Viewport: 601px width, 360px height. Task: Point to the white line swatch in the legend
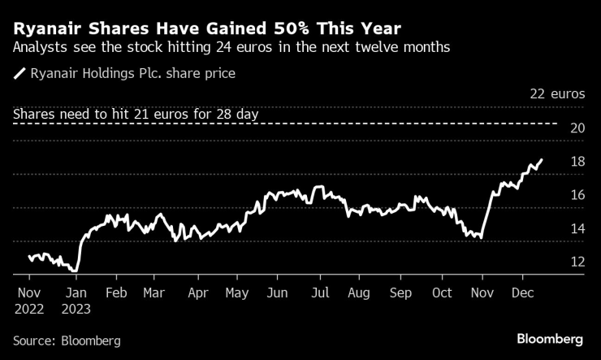coord(19,74)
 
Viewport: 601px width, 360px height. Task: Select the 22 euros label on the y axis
coord(557,94)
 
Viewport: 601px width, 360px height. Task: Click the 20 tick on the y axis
coord(577,128)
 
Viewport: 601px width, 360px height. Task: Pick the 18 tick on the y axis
coord(577,161)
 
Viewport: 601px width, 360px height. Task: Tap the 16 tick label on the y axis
coord(577,195)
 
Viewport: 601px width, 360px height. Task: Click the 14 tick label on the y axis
coord(577,228)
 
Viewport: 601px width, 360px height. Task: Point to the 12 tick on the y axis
coord(577,262)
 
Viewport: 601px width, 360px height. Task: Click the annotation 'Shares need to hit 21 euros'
coord(136,115)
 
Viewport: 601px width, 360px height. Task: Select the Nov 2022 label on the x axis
coord(29,299)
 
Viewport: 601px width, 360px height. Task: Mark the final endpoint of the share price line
coord(542,160)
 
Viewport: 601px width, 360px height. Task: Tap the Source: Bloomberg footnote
coord(67,340)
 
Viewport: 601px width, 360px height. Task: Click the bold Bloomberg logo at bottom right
coord(550,339)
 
